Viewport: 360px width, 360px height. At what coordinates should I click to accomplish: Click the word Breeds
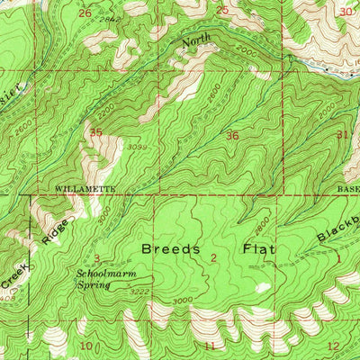168,248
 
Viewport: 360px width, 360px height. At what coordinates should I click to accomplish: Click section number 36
233,137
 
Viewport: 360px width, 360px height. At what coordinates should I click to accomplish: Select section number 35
94,133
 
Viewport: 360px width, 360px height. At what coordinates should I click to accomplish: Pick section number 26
85,13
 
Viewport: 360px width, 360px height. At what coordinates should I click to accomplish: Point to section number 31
342,135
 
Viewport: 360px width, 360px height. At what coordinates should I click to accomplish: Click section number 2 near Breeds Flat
212,259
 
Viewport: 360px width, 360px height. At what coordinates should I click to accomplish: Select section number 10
86,346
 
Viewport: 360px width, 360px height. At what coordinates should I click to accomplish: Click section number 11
210,346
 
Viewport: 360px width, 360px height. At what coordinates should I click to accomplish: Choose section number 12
333,346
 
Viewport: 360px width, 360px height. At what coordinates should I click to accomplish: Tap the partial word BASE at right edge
348,191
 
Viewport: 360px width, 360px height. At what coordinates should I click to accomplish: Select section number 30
347,12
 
